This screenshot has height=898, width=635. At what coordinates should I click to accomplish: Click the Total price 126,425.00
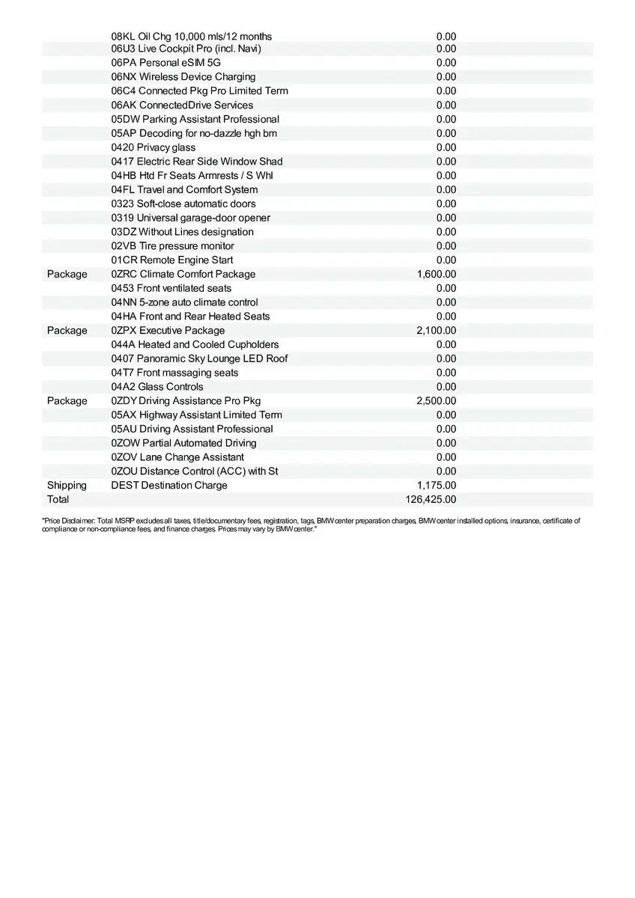coord(431,499)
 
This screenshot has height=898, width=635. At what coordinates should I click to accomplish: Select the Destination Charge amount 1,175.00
coord(437,485)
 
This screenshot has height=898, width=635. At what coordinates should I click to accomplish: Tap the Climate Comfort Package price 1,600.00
coord(437,274)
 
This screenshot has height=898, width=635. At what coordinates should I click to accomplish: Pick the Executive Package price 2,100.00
coord(437,330)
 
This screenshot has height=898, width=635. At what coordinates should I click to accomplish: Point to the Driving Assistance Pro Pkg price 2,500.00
coord(437,400)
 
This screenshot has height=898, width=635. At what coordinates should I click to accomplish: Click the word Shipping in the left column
coord(67,485)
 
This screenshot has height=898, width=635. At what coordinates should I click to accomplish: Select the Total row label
coord(58,499)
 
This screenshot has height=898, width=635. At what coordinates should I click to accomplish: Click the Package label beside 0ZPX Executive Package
coord(67,330)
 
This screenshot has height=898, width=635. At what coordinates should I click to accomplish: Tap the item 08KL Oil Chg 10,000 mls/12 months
coord(191,36)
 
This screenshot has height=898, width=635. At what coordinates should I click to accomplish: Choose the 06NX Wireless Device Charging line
coord(183,76)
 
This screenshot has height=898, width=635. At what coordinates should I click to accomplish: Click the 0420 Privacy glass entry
coord(153,147)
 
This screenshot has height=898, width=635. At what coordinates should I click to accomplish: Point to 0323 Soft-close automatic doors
coord(183,204)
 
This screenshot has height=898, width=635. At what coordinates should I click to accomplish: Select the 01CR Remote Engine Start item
coord(171,260)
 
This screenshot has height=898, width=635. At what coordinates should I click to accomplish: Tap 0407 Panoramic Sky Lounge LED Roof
coord(199,358)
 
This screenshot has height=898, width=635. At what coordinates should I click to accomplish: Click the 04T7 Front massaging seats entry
coord(174,373)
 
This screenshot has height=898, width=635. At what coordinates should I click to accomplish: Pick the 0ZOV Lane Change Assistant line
coord(177,456)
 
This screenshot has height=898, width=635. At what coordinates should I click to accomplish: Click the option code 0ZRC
coord(124,274)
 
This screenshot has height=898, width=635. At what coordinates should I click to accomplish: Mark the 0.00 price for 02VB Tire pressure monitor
coord(446,245)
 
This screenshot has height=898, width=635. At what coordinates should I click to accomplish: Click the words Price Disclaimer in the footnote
coord(68,520)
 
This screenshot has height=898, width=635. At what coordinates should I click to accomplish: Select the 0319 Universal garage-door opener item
coord(190,218)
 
